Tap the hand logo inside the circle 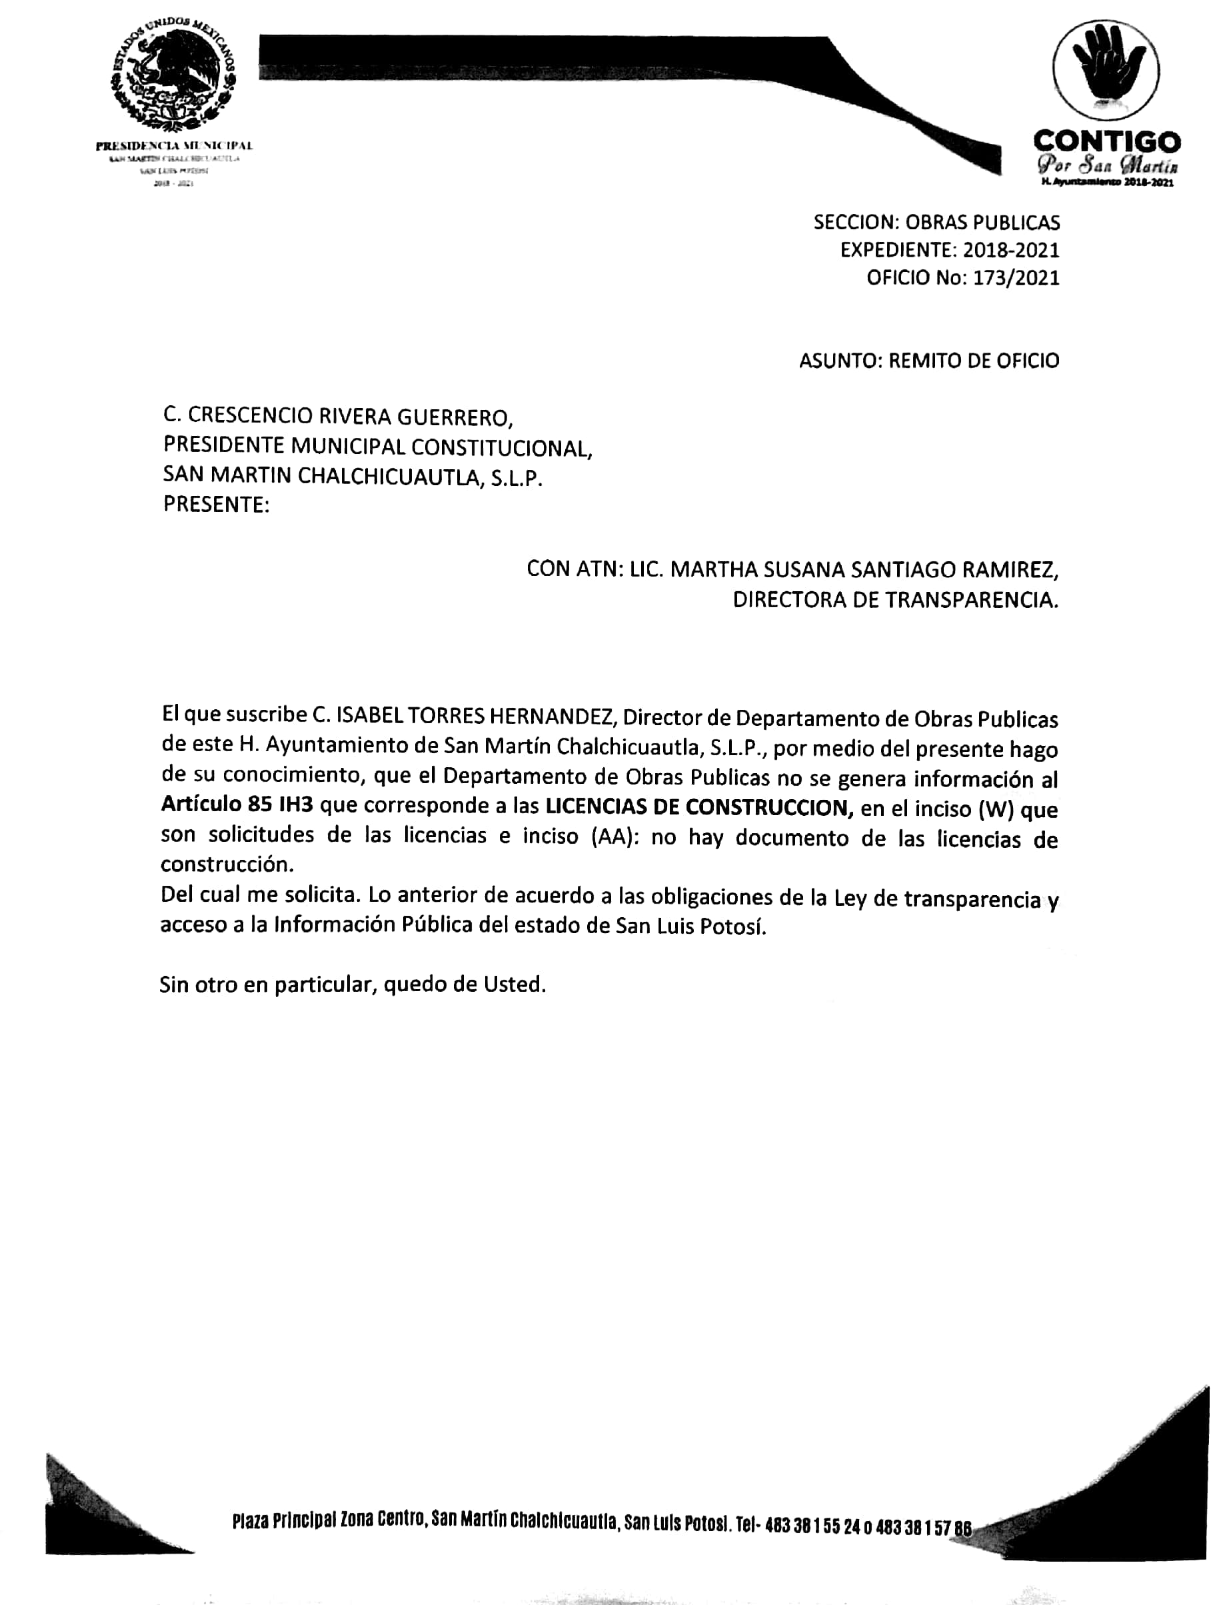coord(1106,70)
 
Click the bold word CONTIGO coord(1106,141)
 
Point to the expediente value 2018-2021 coord(1011,250)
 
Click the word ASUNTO coord(840,361)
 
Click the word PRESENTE coord(215,505)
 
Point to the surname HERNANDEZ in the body coord(553,717)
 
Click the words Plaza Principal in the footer coord(284,1520)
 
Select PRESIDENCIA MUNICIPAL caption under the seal coord(175,146)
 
